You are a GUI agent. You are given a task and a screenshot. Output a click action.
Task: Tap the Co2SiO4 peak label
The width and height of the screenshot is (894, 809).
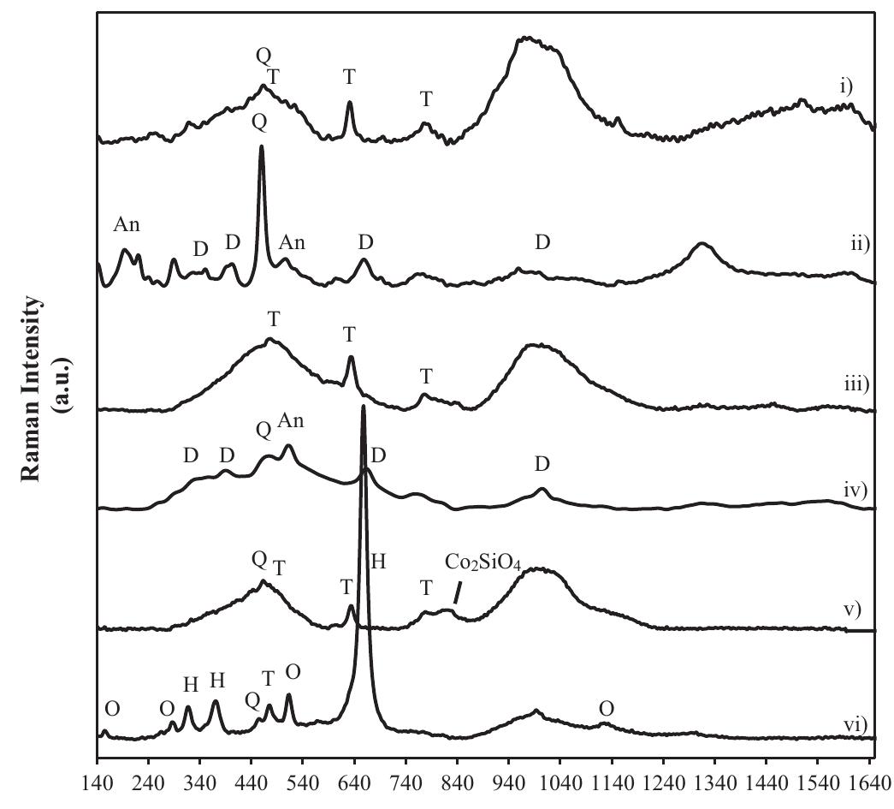[483, 562]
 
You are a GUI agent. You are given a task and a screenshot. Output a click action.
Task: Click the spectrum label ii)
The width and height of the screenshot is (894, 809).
[858, 245]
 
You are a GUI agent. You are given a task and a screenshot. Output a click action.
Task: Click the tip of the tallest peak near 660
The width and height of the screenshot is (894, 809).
[364, 407]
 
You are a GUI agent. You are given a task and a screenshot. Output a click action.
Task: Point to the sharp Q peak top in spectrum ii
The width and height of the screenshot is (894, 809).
[261, 147]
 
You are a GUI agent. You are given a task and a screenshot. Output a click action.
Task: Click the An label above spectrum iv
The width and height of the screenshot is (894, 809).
[291, 421]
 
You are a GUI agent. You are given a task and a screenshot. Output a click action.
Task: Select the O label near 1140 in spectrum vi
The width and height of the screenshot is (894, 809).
[607, 709]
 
